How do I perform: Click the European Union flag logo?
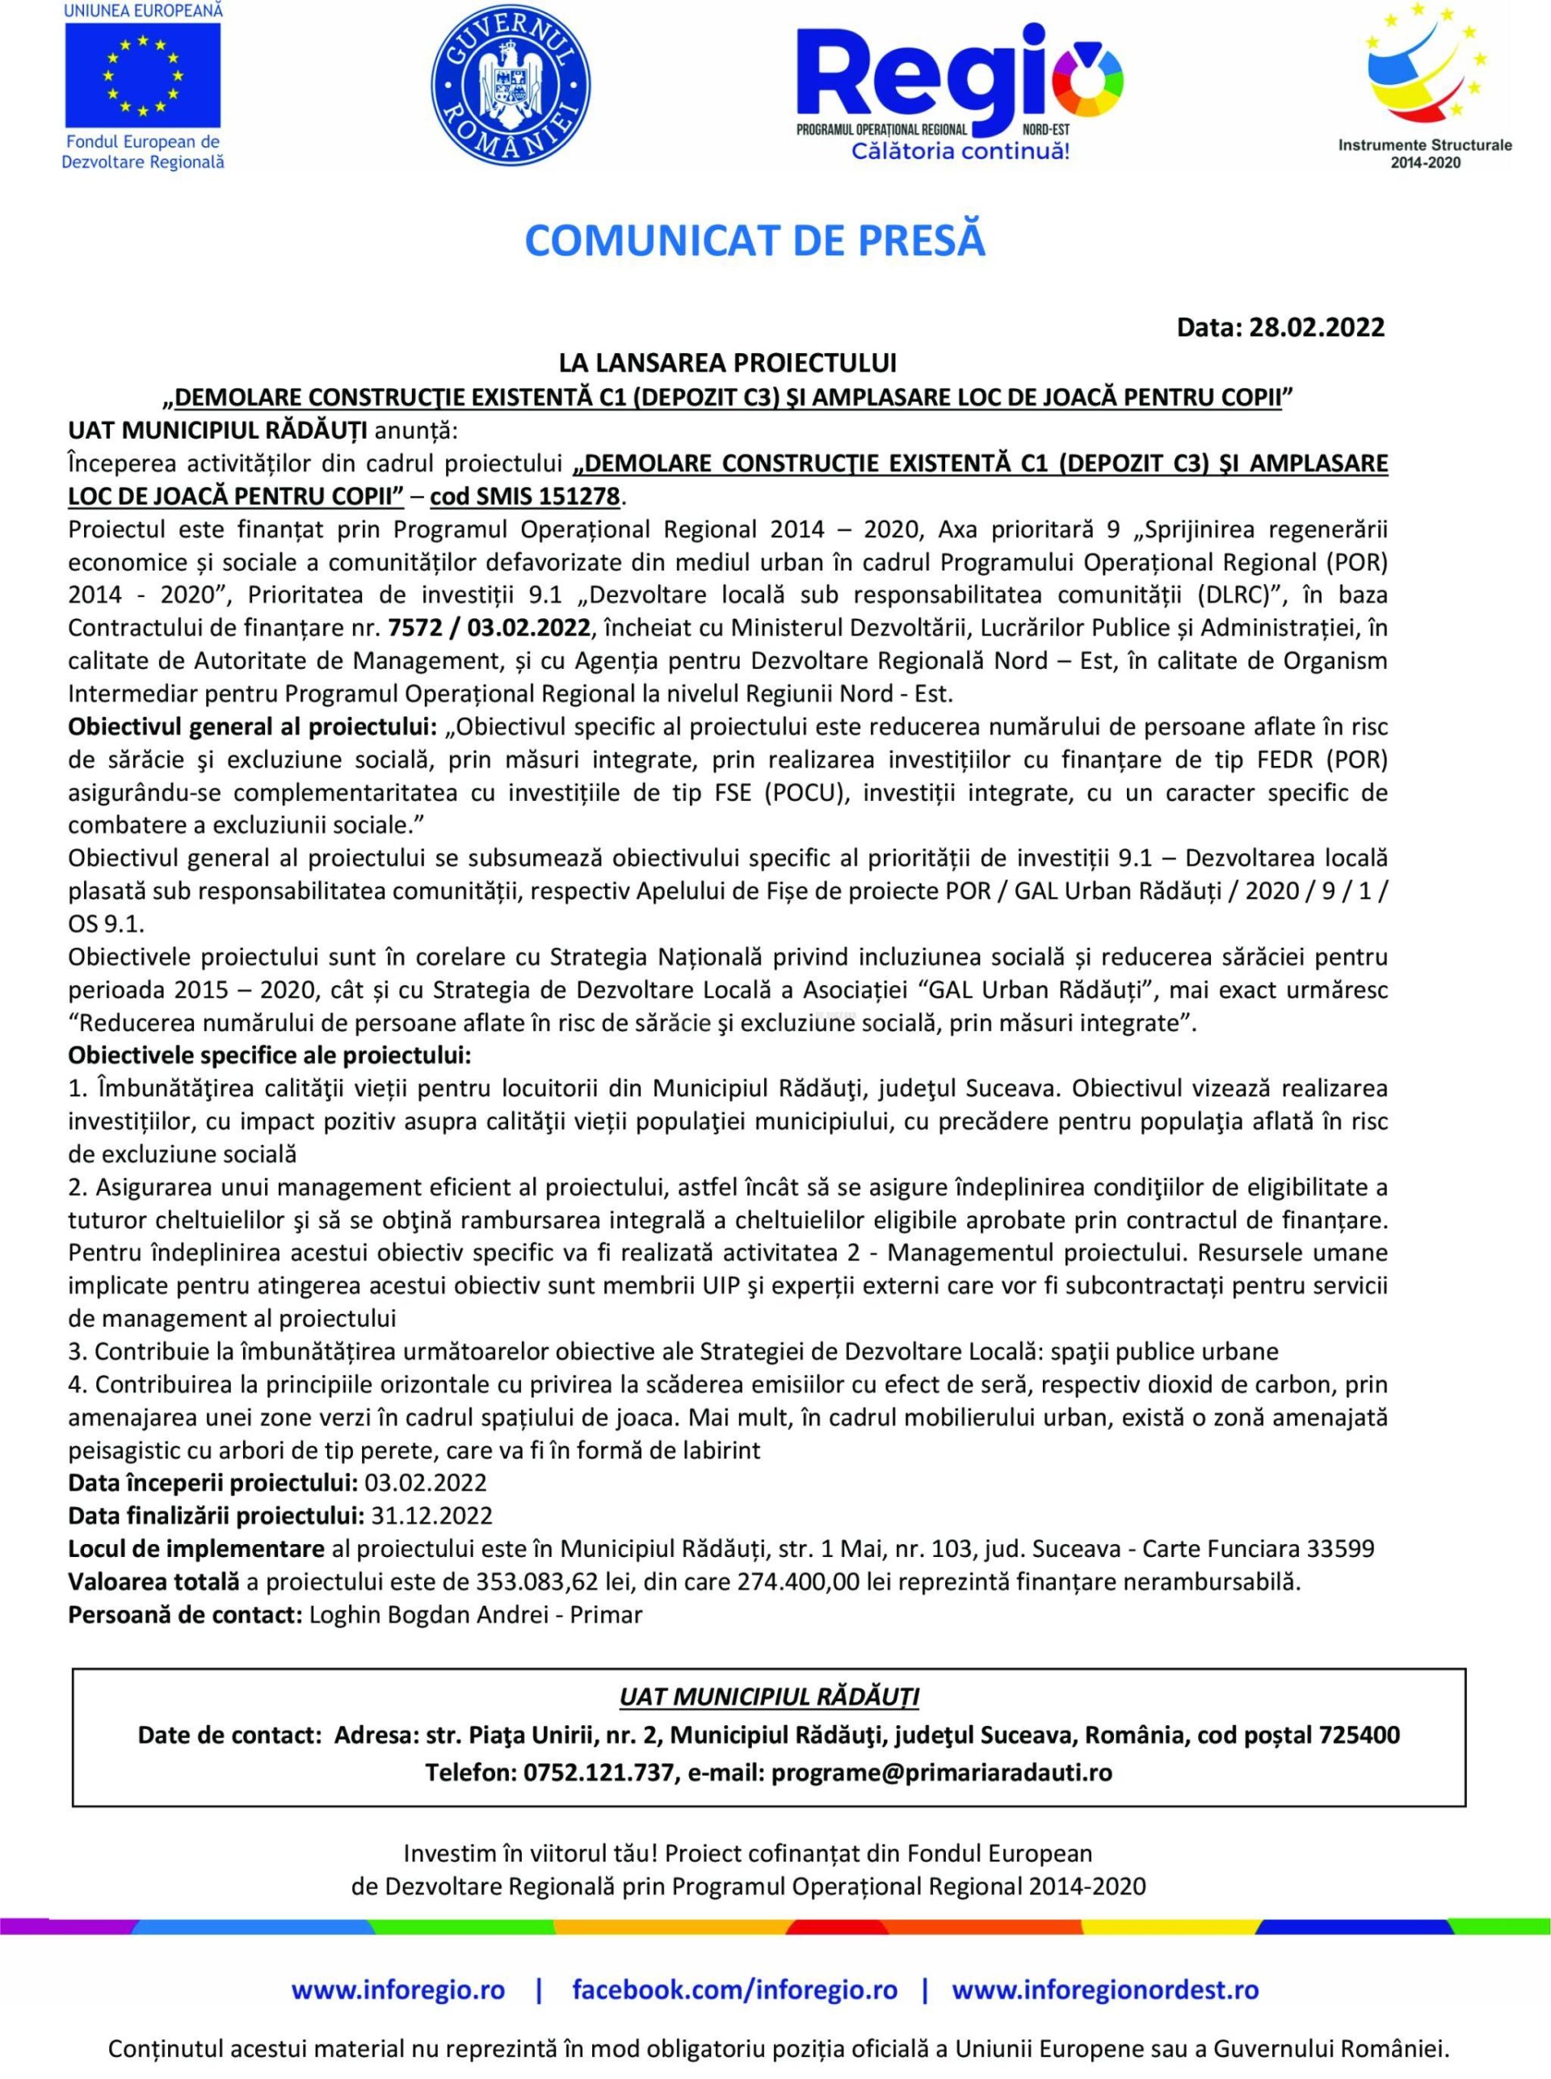click(143, 75)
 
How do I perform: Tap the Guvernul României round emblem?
click(510, 86)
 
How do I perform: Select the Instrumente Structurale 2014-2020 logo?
click(1424, 85)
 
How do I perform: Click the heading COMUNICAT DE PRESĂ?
click(754, 241)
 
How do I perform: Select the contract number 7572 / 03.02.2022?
click(488, 626)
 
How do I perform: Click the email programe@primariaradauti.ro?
click(942, 1772)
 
